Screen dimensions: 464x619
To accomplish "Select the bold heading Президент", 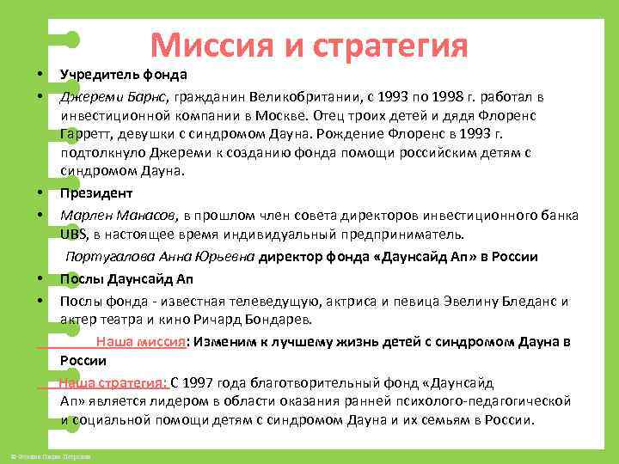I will click(95, 193).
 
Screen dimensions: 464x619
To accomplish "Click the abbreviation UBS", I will click(74, 233).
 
